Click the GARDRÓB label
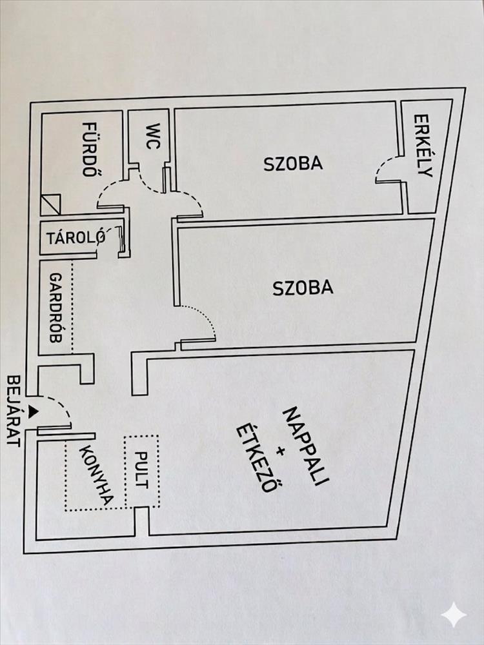click(55, 308)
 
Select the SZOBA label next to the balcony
click(293, 163)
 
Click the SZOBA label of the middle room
click(303, 288)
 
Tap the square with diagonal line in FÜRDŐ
click(50, 204)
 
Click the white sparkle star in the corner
click(454, 615)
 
